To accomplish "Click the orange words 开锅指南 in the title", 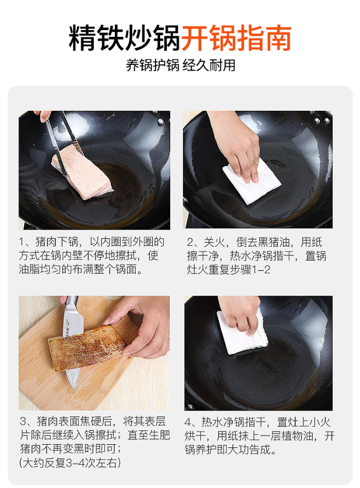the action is coord(236,37).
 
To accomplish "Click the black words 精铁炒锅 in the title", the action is coord(124,37).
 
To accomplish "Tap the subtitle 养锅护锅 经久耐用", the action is coord(180,65).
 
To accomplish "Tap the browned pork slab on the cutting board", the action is coord(87,348).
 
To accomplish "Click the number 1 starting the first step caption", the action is coord(22,242).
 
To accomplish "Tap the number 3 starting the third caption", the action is coord(23,421).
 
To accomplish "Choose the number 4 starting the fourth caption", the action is coord(188,423).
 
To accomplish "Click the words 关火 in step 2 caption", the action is coord(214,242).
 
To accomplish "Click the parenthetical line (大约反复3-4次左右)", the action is coord(70,463).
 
